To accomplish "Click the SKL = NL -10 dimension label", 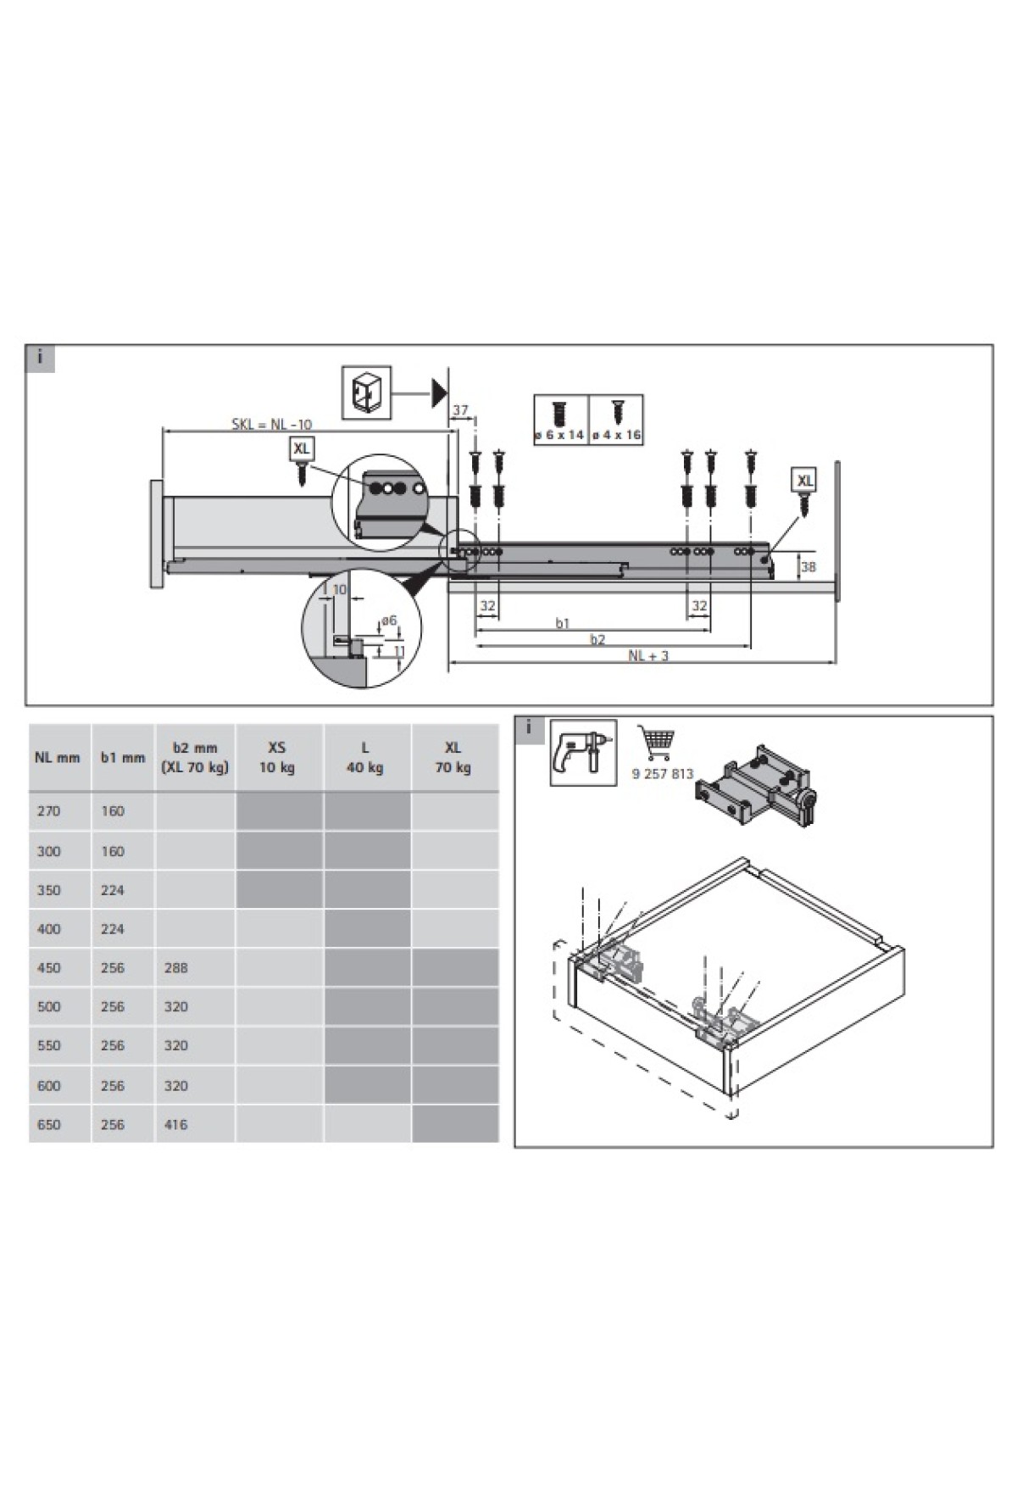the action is click(272, 424).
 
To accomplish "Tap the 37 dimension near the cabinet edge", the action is click(460, 410).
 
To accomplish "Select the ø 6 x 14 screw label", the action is click(559, 435).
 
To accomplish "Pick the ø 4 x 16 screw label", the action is click(616, 435).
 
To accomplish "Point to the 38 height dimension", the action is click(809, 567).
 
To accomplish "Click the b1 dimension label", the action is click(563, 623).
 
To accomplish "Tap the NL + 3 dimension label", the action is click(648, 655).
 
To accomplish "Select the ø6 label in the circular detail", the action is click(389, 621).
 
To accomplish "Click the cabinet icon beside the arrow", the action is click(366, 392).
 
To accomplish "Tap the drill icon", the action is click(583, 752).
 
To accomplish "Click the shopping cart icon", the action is click(658, 743).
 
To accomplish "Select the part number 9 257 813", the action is click(663, 774).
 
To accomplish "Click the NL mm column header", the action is click(58, 757).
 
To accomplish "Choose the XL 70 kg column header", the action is click(453, 757).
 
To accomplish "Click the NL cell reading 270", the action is click(49, 811).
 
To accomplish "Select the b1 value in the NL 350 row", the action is click(113, 890).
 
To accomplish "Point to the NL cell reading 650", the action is click(49, 1125).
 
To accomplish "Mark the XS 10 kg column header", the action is click(277, 757).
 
